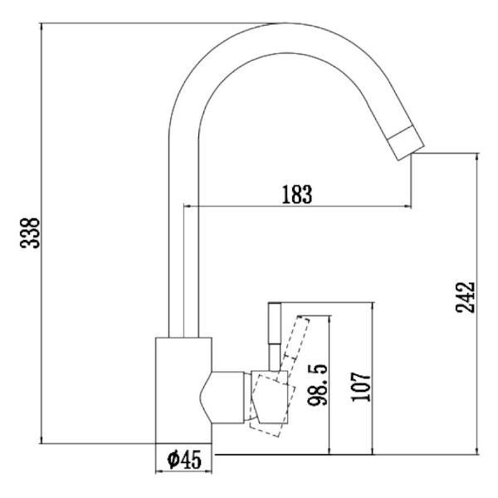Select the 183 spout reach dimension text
tap(296, 195)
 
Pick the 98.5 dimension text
tap(318, 383)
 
